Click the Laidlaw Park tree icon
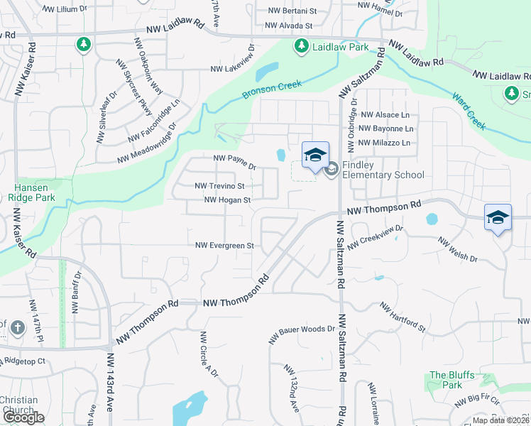coord(301,46)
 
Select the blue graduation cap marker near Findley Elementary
coord(316,155)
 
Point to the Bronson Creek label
coord(272,89)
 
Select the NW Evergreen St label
coord(225,246)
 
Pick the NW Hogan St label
coord(227,200)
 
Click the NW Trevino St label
coord(219,186)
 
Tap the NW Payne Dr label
coord(234,162)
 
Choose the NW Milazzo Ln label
coord(385,143)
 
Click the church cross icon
coord(18,328)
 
